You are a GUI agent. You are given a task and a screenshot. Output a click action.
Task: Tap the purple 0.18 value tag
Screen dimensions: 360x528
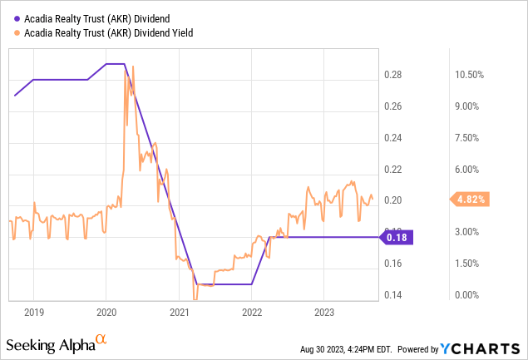(x=397, y=237)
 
